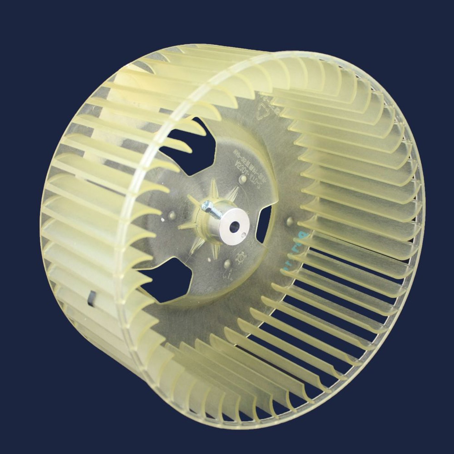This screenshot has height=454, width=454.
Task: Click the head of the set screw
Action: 205,205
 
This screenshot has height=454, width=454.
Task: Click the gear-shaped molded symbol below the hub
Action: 241,258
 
